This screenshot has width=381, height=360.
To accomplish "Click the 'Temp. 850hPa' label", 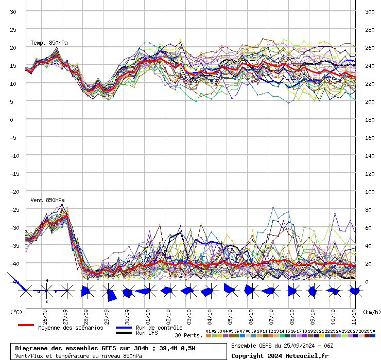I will tap(49, 43).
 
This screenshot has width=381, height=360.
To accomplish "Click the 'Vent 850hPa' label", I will tap(47, 200).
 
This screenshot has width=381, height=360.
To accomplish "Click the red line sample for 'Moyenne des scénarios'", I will tap(26, 325).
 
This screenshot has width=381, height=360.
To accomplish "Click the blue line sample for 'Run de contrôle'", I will tap(124, 328).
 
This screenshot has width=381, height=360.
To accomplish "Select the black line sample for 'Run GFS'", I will tap(124, 333).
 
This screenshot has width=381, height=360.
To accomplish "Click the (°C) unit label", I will tap(16, 312).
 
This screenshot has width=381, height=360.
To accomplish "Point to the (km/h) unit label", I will tap(371, 312).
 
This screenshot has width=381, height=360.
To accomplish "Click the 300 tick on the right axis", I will tap(370, 11).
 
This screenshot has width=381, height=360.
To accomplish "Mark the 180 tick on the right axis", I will tap(370, 119).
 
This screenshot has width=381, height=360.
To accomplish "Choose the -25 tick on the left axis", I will tap(15, 210).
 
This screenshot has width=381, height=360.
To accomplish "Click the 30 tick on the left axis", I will tap(14, 11).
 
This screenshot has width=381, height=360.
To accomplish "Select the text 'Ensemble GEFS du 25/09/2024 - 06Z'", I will tap(282, 346).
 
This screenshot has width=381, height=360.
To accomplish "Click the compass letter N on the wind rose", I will tap(47, 281).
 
